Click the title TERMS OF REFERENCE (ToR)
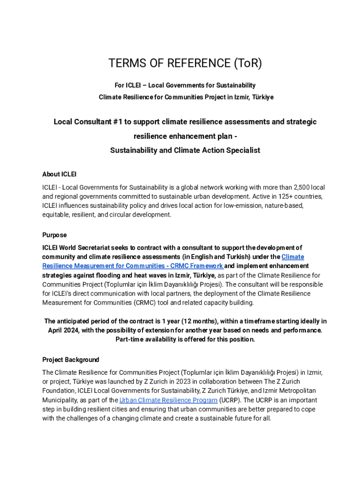coord(185,63)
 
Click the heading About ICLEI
coord(59,174)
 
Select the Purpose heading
coord(55,235)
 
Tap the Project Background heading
coord(71,360)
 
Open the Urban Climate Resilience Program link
coord(168,400)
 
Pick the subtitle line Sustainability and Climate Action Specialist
coord(185,151)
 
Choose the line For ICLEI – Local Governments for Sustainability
coord(185,85)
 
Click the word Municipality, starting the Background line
coord(61,400)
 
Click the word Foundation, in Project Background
coord(60,391)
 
